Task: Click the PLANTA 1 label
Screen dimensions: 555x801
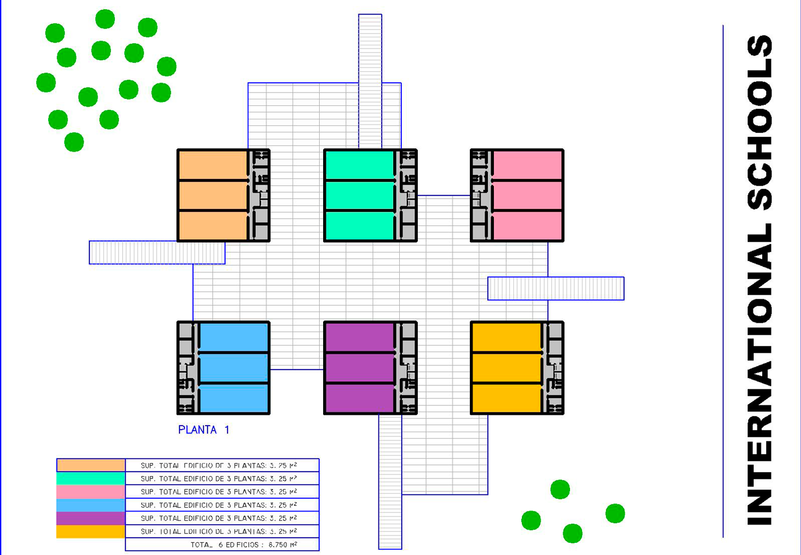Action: point(204,430)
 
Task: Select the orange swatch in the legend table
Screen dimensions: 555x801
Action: point(91,465)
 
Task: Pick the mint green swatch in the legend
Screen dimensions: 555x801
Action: point(91,478)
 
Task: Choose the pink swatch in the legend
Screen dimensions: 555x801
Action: point(91,492)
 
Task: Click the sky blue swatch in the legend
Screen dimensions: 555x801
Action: point(91,505)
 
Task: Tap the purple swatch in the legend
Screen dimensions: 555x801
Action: point(91,518)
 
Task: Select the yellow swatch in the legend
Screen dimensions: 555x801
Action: point(91,532)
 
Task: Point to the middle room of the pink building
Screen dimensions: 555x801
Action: point(527,195)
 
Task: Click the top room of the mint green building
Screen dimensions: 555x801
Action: point(359,165)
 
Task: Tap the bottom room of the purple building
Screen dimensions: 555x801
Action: point(359,398)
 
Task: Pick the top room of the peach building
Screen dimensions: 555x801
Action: point(213,165)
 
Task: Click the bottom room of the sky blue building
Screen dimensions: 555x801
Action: point(234,398)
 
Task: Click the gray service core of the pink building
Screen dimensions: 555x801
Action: point(481,195)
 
